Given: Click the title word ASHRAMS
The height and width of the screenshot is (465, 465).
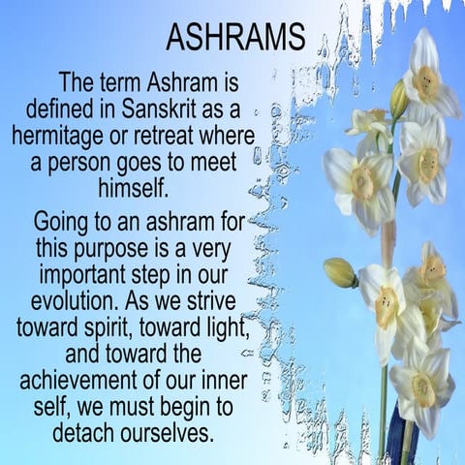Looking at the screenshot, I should [235, 38].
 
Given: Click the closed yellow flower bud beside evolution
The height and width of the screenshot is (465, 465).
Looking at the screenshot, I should [339, 273].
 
